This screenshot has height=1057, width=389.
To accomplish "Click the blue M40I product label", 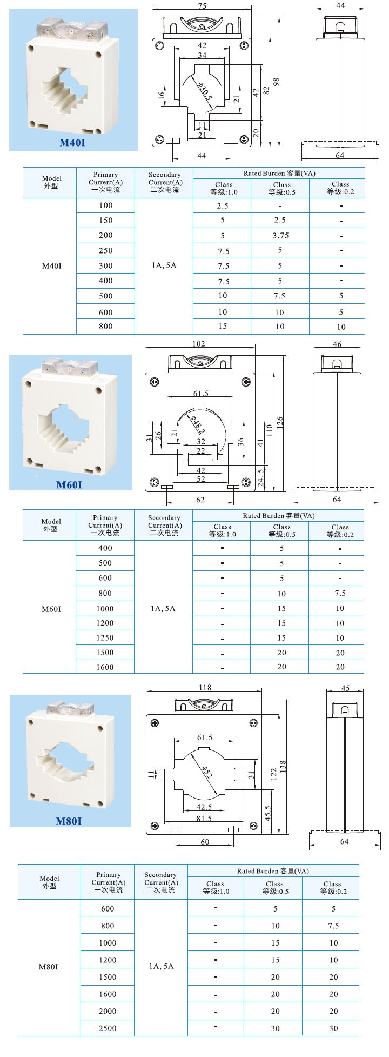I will (72, 143).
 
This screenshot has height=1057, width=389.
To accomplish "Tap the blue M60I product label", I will (69, 484).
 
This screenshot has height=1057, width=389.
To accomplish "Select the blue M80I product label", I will (69, 821).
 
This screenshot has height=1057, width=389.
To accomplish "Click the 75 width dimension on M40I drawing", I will (202, 6).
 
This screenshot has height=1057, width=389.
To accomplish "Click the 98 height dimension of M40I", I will (277, 82).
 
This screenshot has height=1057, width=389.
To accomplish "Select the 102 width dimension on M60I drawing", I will (199, 344).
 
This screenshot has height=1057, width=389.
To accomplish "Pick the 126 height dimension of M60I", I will (279, 422).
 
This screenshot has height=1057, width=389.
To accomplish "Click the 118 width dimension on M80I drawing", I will (205, 688).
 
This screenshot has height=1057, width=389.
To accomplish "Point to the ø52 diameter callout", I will (206, 772).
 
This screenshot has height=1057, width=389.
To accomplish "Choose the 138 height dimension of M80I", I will (283, 766).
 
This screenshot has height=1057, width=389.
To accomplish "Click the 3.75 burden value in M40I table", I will (280, 236).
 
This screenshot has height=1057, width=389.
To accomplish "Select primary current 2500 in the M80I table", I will (107, 1028).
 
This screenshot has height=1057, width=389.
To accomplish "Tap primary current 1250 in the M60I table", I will (105, 638).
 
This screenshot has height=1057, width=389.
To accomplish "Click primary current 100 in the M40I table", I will (106, 205).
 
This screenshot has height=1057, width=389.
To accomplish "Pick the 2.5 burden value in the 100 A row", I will (223, 206).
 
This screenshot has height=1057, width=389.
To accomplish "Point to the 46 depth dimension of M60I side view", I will (337, 344).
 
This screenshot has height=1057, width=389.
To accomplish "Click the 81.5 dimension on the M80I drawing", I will (204, 819).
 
